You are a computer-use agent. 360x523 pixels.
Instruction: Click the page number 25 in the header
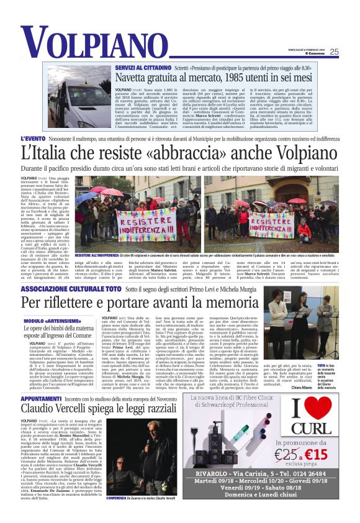point(334,52)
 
